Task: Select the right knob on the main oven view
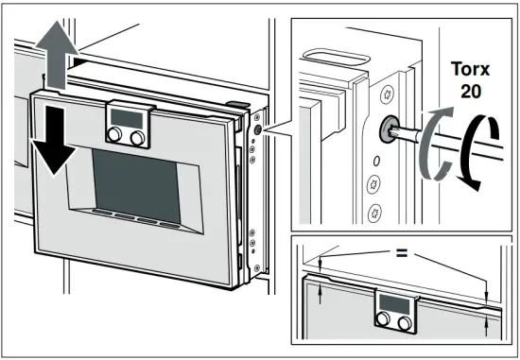[x=140, y=138]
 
